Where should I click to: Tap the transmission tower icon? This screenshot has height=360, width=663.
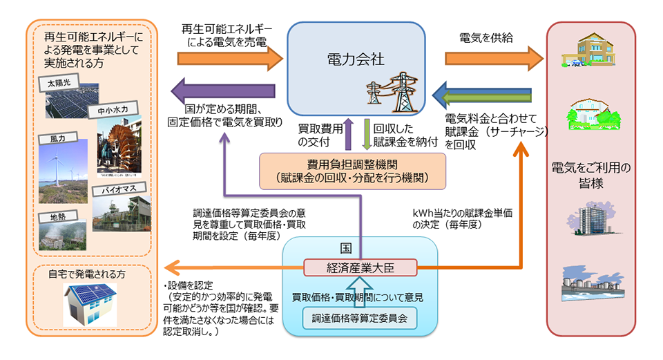pos(392,94)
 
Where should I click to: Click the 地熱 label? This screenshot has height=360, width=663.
pos(55,216)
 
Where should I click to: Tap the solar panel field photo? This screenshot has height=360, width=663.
pos(73,104)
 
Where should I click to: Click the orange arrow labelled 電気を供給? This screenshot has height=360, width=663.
pos(493,58)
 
